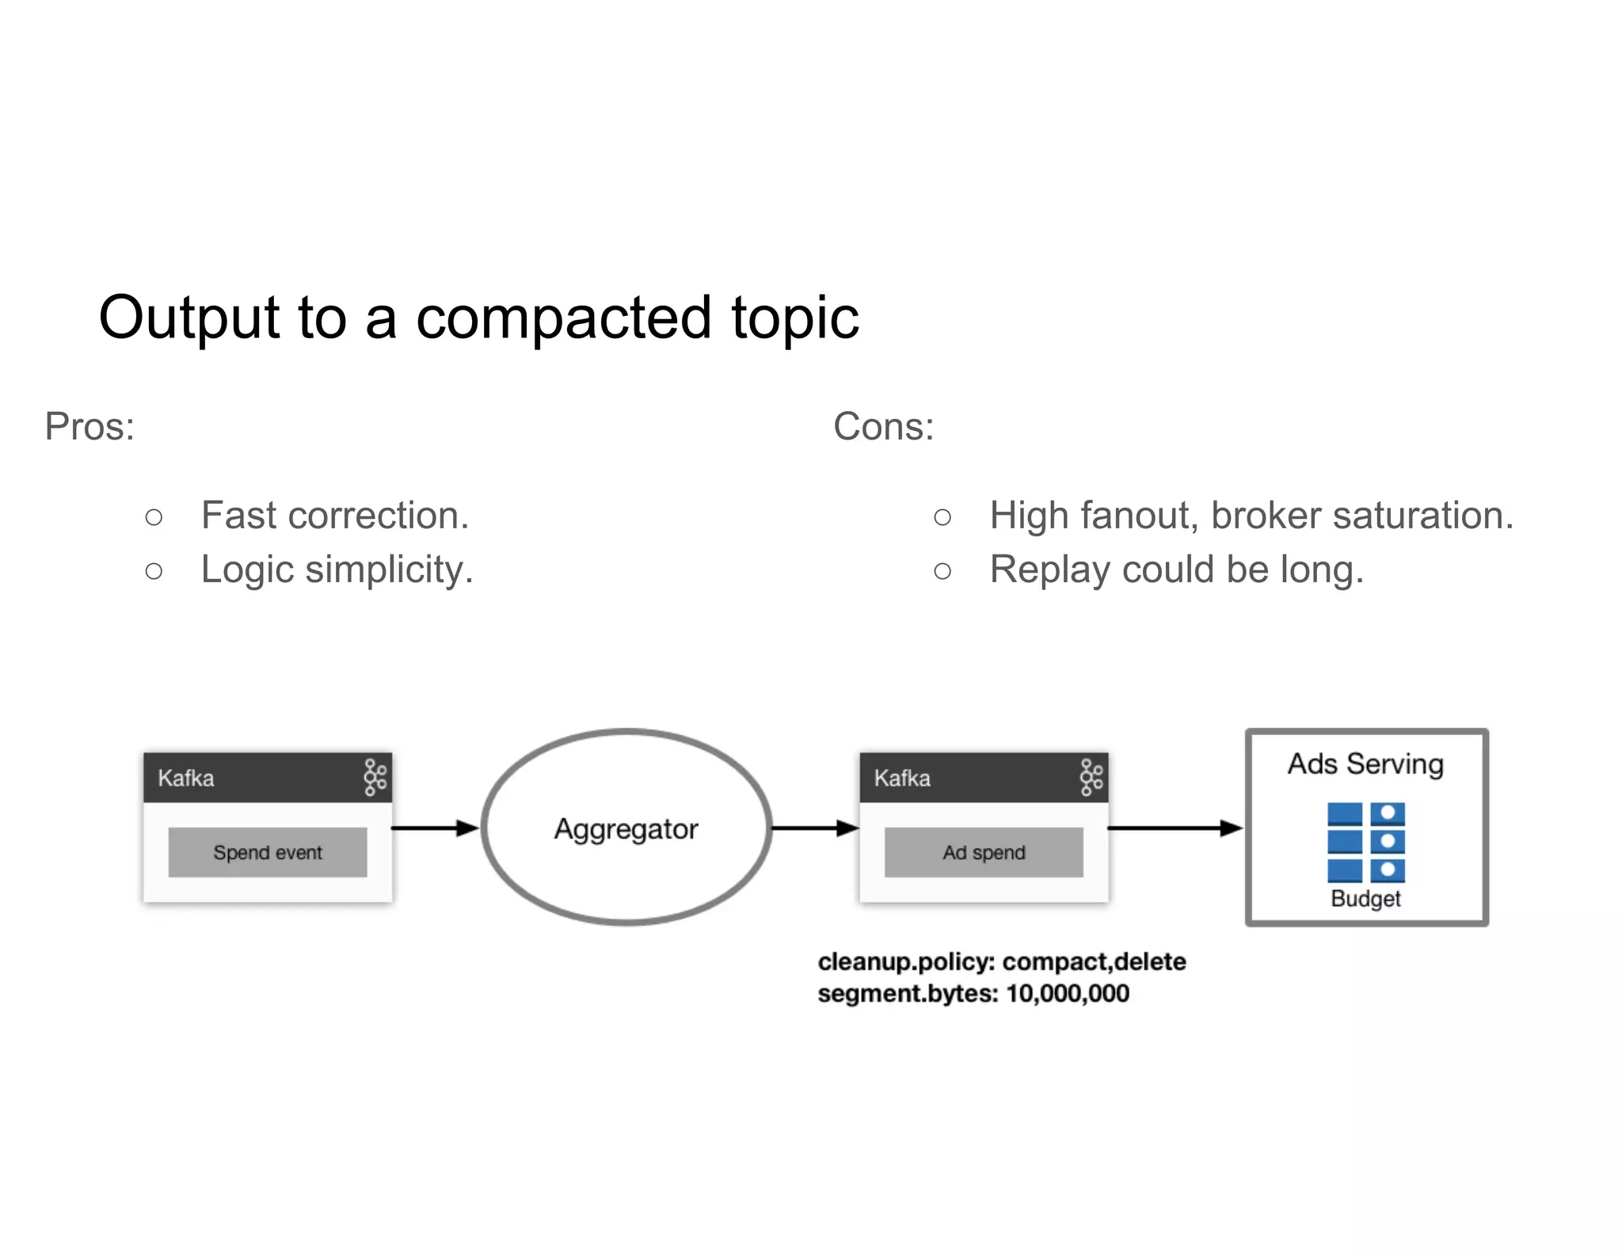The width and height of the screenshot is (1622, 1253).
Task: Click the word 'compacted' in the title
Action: [562, 318]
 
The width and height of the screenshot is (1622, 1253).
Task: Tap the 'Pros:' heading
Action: [89, 427]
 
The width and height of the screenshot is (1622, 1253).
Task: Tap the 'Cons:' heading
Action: [883, 427]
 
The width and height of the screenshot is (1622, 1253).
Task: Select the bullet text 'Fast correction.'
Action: [335, 516]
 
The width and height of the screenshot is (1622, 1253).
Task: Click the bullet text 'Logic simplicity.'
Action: [337, 569]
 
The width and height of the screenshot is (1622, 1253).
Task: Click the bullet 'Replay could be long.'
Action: [1176, 569]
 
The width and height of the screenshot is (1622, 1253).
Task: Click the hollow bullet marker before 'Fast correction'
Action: [154, 518]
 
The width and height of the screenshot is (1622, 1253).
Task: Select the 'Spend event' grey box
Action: [267, 852]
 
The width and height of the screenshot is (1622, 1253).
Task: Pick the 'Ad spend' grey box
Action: [983, 852]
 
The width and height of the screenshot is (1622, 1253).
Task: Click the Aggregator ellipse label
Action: [626, 829]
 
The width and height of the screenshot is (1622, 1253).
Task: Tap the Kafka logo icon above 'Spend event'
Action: [375, 777]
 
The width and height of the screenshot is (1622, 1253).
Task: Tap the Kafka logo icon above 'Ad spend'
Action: [1091, 777]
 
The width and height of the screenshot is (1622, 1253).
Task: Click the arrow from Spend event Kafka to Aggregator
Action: [436, 828]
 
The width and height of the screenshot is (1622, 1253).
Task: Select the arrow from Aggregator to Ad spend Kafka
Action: [814, 828]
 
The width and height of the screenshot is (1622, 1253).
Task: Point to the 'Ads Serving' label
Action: [1365, 764]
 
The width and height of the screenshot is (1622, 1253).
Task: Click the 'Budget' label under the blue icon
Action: [1365, 899]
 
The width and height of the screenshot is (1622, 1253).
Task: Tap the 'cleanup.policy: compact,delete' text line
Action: [1001, 962]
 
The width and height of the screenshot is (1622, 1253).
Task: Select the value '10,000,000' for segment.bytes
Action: [1067, 993]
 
